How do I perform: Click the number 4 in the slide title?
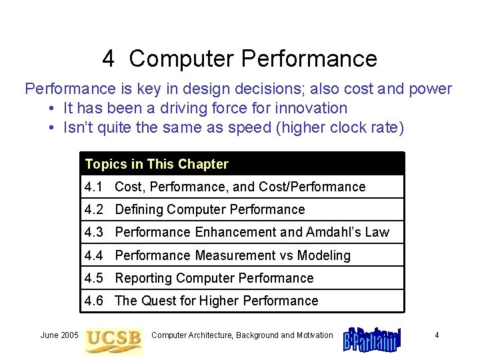[x=109, y=59]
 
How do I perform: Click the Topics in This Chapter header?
[x=157, y=164]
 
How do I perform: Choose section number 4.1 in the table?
[x=94, y=187]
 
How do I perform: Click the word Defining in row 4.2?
[x=139, y=210]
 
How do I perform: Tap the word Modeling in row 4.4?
[x=323, y=255]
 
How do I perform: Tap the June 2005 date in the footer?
[x=59, y=335]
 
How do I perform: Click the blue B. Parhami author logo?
[x=372, y=338]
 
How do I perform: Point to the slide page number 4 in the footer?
[x=437, y=335]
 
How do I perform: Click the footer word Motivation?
[x=313, y=335]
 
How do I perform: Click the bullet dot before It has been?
[x=51, y=109]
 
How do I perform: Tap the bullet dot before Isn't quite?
[x=51, y=128]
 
